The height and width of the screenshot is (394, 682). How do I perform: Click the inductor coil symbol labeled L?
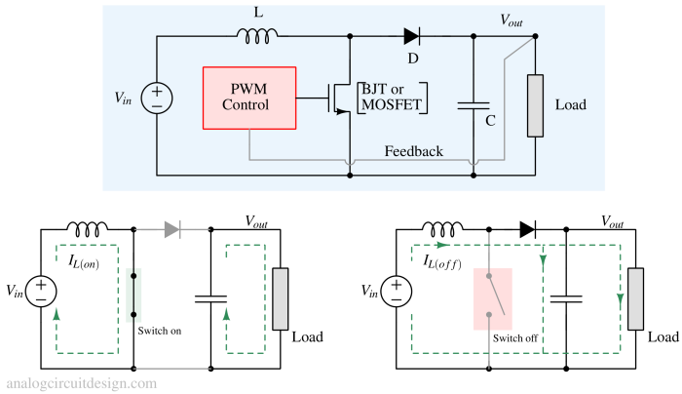click(x=257, y=36)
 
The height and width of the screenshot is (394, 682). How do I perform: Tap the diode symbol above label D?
click(x=411, y=37)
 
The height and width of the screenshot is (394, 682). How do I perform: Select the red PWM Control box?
click(x=246, y=98)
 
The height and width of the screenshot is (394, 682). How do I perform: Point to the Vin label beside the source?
click(x=124, y=98)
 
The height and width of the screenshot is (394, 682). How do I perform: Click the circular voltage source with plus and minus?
click(x=157, y=98)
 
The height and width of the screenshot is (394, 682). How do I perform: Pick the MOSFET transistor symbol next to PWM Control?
click(x=339, y=98)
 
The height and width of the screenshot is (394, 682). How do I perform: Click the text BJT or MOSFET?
click(x=395, y=98)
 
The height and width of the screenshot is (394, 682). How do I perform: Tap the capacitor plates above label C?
click(x=473, y=102)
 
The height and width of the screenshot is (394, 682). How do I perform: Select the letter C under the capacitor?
click(x=490, y=121)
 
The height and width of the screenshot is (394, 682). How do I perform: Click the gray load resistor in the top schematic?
click(x=535, y=104)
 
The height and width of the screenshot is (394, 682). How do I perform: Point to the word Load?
click(x=570, y=104)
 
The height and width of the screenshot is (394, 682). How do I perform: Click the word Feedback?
click(x=413, y=151)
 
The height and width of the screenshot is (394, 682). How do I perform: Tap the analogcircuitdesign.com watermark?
click(x=81, y=383)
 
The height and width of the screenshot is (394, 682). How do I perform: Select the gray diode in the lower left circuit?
click(x=172, y=230)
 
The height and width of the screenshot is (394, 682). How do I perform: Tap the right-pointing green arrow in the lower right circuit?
click(x=443, y=245)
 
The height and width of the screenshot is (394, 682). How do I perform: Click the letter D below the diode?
click(x=413, y=58)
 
